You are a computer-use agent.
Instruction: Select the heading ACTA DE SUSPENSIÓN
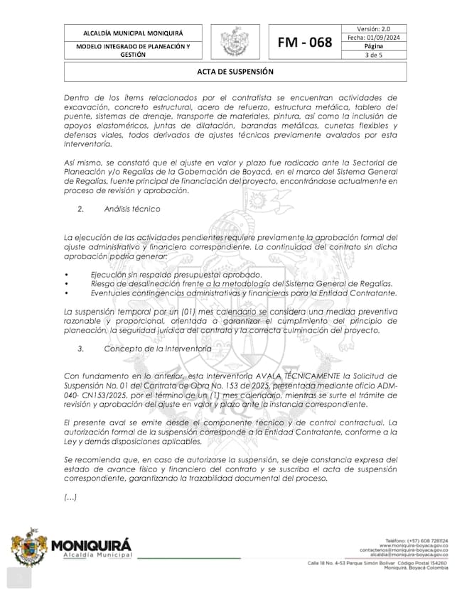click(231, 72)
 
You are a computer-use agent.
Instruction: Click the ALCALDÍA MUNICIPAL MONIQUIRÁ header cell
click(133, 33)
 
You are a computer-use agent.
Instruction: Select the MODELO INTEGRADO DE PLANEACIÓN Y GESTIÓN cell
click(133, 50)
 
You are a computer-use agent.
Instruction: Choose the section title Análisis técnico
click(132, 209)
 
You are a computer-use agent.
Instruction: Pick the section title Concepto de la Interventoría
click(157, 349)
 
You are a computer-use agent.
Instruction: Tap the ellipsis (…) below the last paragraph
click(70, 498)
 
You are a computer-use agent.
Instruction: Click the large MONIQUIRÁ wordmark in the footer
click(92, 545)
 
